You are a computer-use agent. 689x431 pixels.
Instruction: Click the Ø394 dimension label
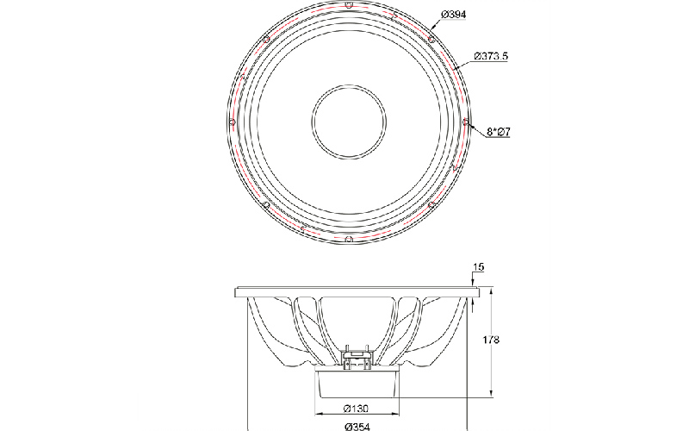(454, 15)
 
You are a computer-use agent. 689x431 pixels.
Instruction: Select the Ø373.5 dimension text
(491, 56)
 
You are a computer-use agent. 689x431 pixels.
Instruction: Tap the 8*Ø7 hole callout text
(499, 132)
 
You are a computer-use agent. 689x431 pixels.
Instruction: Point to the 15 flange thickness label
(479, 267)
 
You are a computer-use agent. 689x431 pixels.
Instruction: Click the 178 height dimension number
(491, 340)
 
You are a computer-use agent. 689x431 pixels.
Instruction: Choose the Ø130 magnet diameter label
(356, 409)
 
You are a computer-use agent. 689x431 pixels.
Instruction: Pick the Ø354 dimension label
(357, 426)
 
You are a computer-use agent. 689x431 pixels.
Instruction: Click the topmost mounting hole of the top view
(349, 5)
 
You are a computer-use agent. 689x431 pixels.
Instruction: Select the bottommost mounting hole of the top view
(349, 239)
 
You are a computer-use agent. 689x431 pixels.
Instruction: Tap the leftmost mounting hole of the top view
(233, 122)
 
